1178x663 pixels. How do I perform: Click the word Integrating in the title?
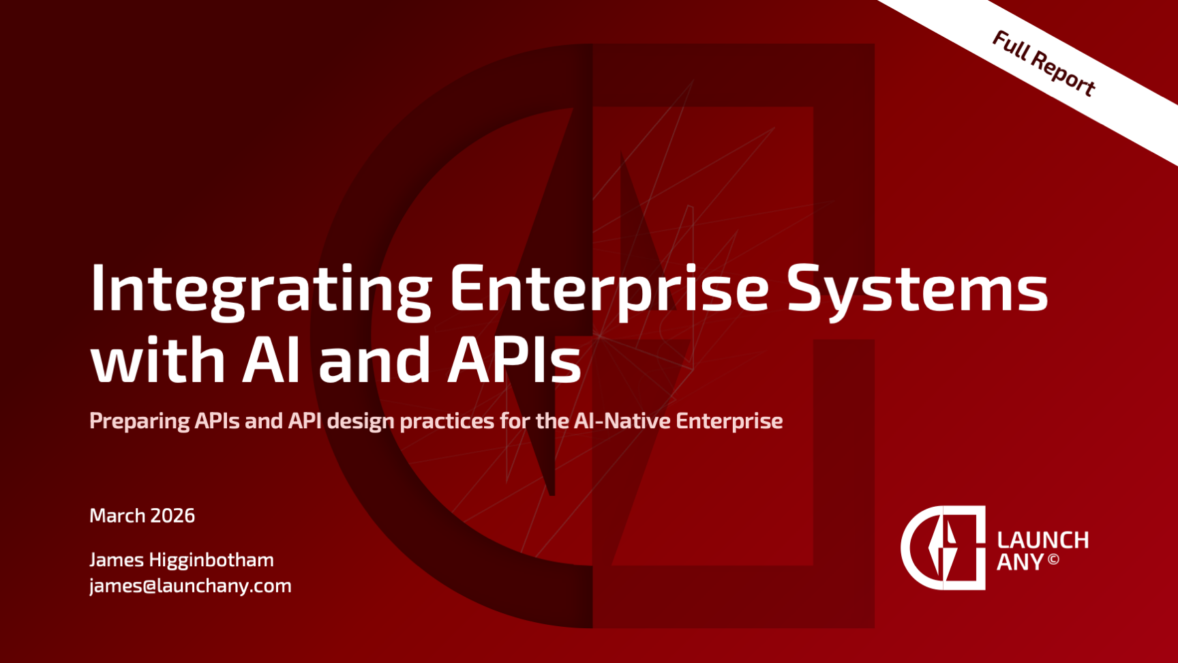click(x=261, y=291)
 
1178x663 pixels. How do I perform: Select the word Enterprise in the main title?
click(x=609, y=291)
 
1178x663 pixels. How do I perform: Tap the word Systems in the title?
click(x=918, y=291)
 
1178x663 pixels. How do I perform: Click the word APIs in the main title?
click(x=515, y=359)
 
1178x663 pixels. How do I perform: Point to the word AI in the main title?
click(x=271, y=359)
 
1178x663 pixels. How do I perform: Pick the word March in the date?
click(x=117, y=516)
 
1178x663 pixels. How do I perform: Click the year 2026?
click(x=172, y=516)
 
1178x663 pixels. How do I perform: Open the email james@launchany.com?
click(x=190, y=586)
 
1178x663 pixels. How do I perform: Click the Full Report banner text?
click(x=1044, y=63)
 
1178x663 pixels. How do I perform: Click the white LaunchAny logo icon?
click(x=943, y=548)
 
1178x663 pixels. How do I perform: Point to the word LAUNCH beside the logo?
click(x=1043, y=540)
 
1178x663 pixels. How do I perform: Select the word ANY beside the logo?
click(x=1021, y=563)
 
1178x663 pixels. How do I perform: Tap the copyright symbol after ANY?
click(x=1053, y=560)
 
